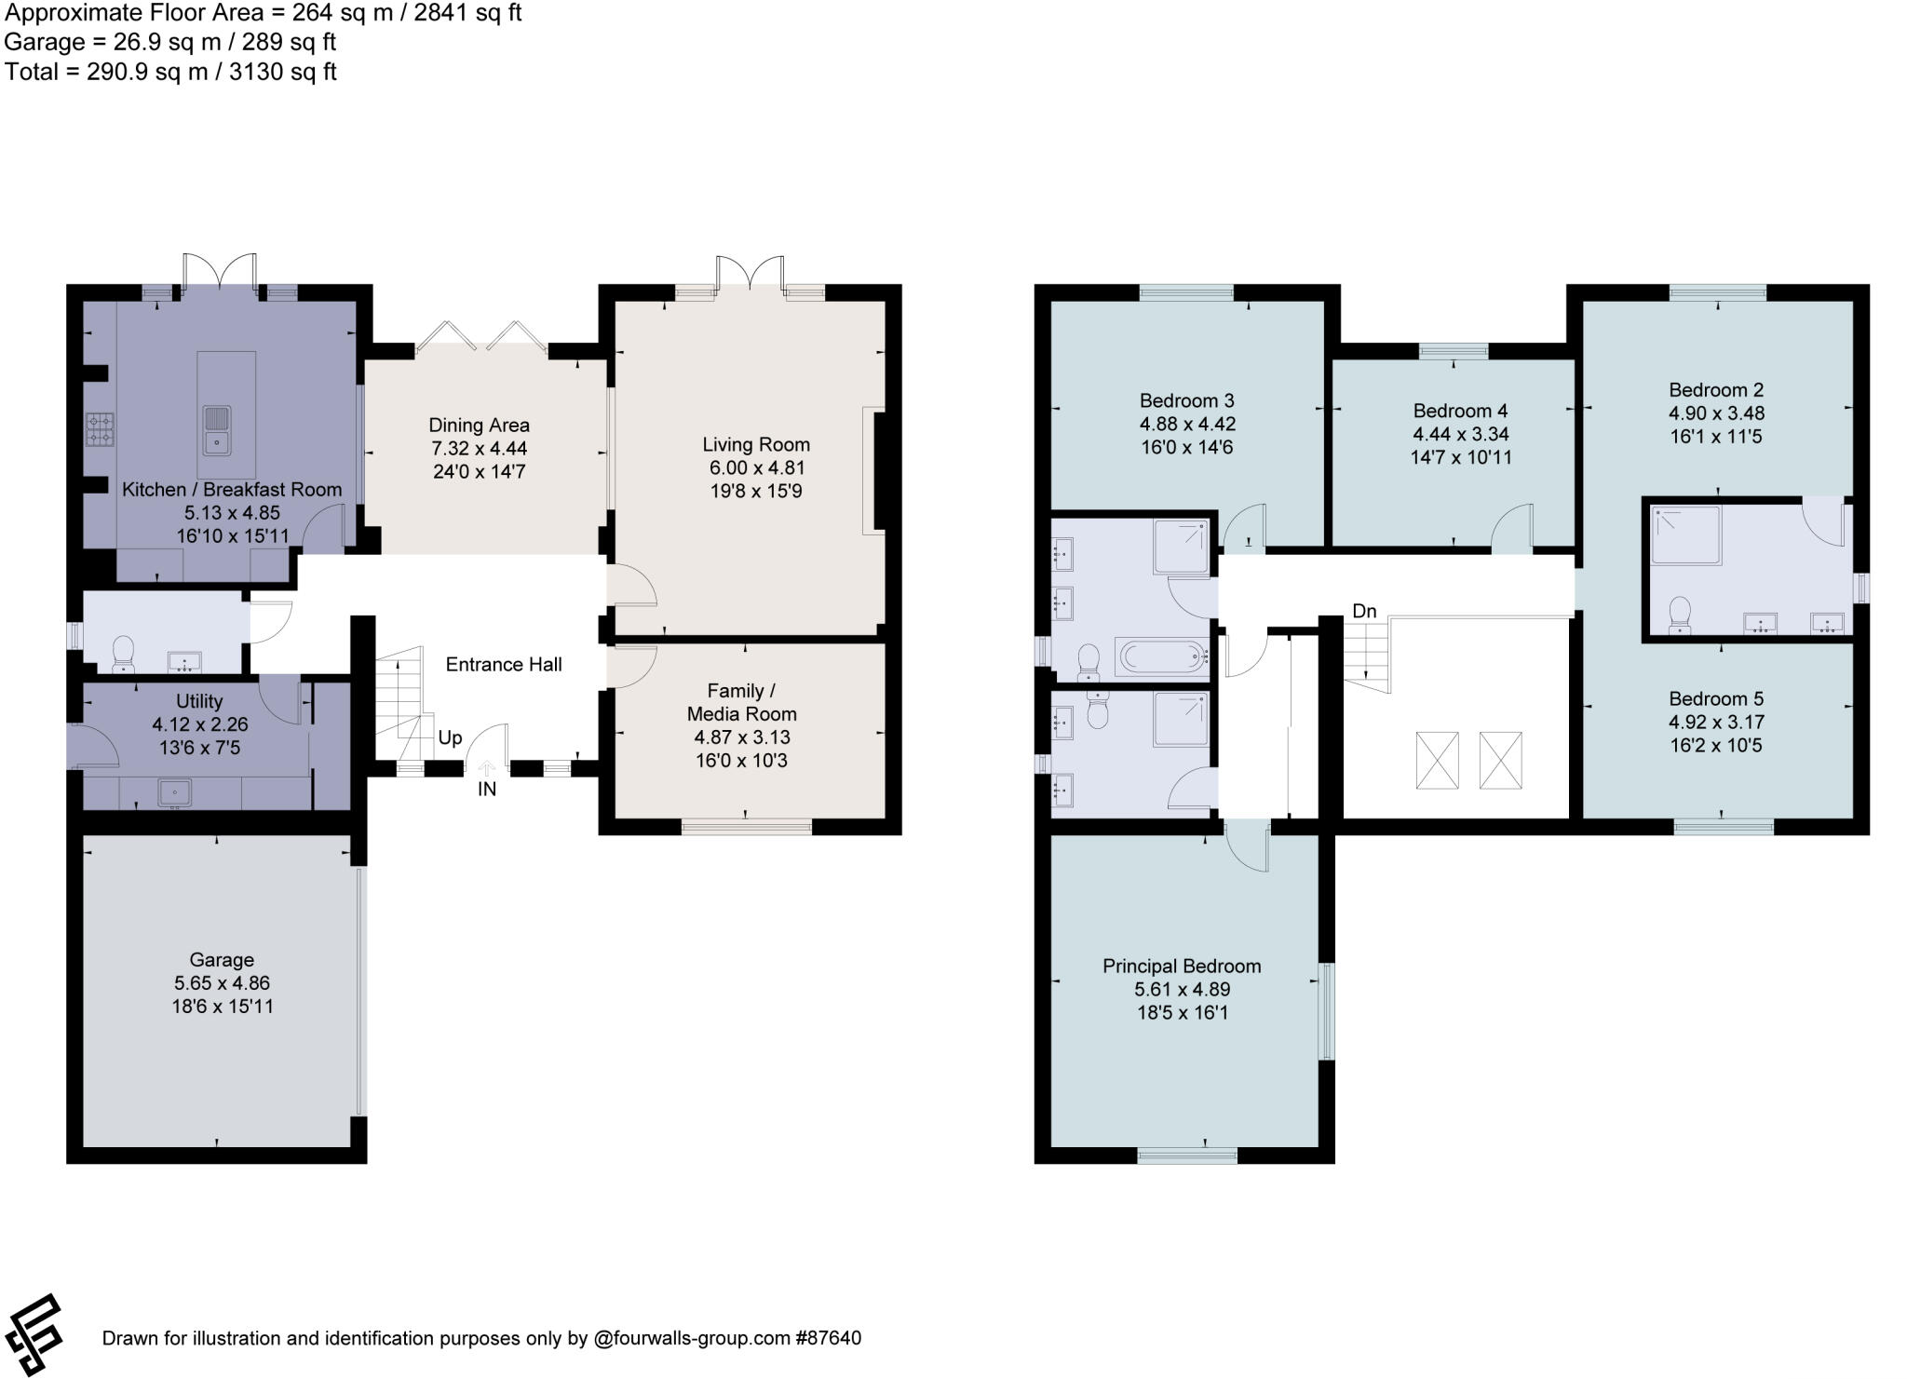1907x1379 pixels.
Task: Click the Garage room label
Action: click(x=222, y=959)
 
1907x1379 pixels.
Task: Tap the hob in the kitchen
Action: click(x=100, y=429)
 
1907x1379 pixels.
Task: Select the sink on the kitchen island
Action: click(x=215, y=430)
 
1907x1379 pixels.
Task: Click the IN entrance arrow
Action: click(x=486, y=769)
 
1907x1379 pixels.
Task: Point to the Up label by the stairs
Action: click(x=450, y=737)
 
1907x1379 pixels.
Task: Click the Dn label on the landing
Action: click(x=1364, y=611)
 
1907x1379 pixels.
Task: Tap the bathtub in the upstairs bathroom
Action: click(x=1160, y=656)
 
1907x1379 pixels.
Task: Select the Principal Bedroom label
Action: click(x=1182, y=966)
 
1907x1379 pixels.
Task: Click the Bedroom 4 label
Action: click(x=1460, y=411)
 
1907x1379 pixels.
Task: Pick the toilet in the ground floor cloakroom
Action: click(x=123, y=652)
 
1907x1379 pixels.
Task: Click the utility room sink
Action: click(x=174, y=793)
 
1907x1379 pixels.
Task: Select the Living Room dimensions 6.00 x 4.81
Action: click(x=755, y=467)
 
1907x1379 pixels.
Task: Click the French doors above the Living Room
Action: click(x=751, y=275)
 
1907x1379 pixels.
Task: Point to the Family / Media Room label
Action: click(x=741, y=702)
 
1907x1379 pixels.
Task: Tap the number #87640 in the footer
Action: click(x=828, y=1338)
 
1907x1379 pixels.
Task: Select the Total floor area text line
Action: click(x=170, y=72)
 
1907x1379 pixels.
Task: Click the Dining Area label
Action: click(x=479, y=425)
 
